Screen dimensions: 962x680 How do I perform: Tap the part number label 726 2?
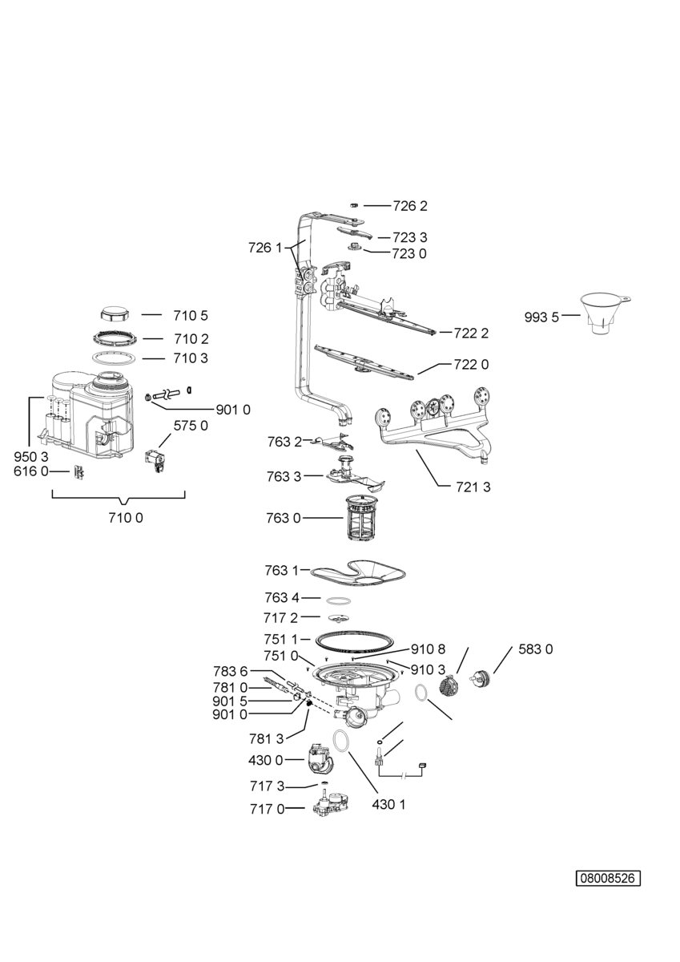(x=409, y=206)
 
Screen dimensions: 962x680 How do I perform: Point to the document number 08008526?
(x=608, y=878)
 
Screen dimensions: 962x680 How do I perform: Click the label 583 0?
(x=536, y=649)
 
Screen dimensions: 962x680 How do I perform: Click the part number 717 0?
(x=269, y=809)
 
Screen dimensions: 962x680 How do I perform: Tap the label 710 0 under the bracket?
(x=126, y=518)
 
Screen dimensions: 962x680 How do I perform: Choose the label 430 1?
(x=388, y=804)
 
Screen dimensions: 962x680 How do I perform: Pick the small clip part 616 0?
(x=80, y=472)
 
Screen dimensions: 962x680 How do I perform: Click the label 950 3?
(x=31, y=456)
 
